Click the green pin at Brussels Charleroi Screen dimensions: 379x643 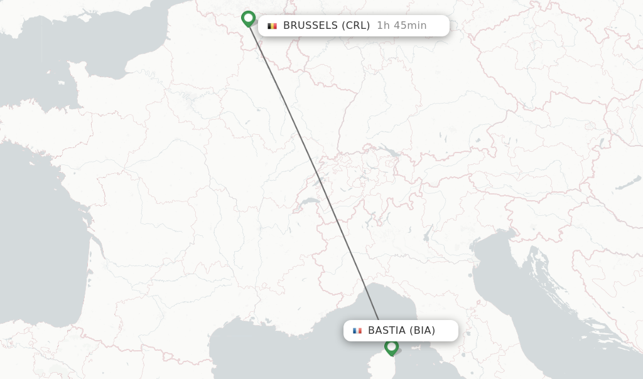(x=248, y=18)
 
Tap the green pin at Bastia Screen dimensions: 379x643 (x=391, y=346)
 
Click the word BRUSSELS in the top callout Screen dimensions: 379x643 (x=310, y=26)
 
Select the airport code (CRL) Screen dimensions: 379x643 (x=355, y=26)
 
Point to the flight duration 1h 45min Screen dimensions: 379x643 (x=401, y=26)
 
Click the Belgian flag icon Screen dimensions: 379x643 (x=272, y=26)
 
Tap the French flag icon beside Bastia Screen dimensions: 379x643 (x=357, y=331)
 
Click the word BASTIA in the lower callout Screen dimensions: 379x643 (x=387, y=331)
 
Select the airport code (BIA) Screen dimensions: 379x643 (x=422, y=331)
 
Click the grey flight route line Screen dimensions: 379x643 (x=314, y=169)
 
